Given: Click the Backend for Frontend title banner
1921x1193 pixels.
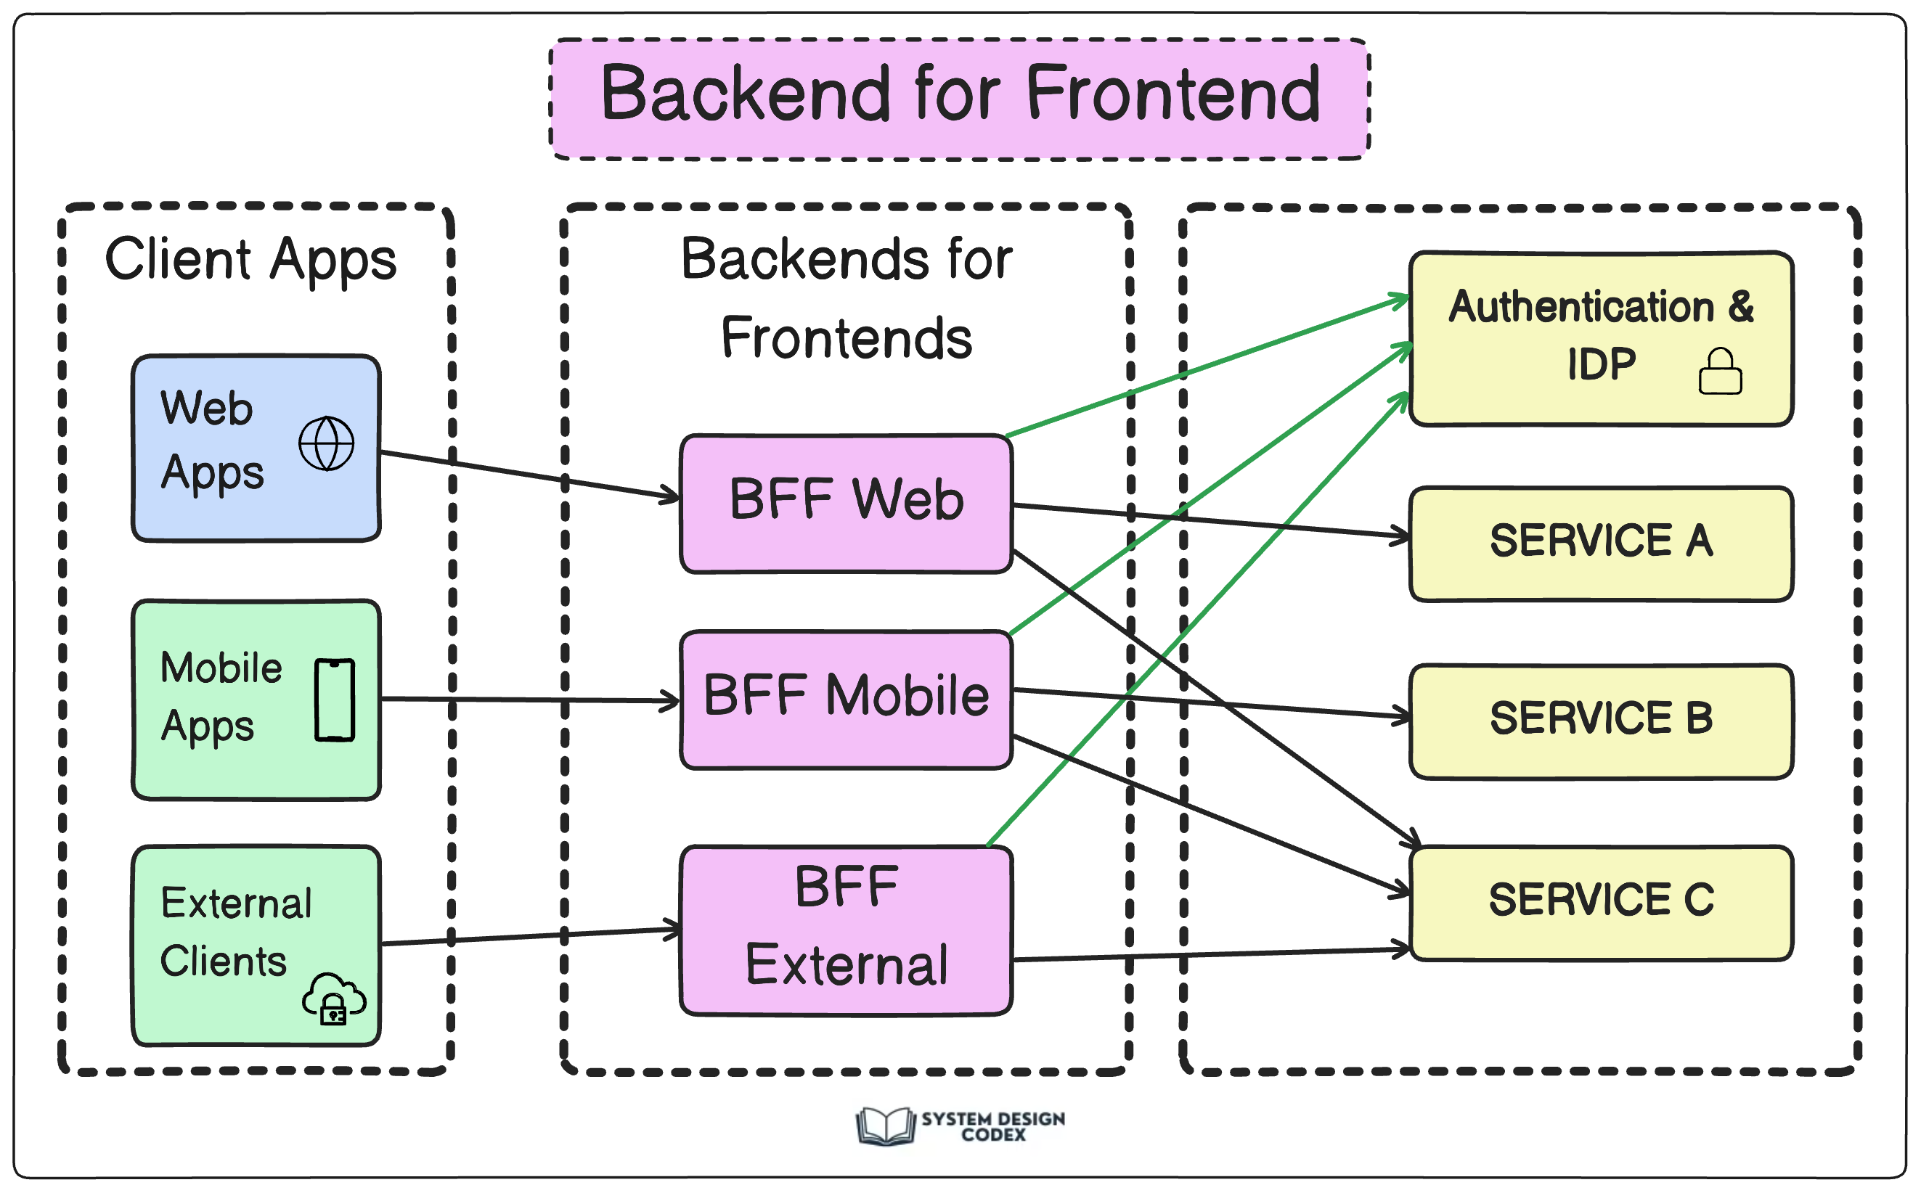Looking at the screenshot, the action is coord(959,99).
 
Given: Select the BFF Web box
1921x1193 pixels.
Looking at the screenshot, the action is coord(846,504).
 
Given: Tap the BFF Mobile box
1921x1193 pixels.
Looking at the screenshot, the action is coord(846,699).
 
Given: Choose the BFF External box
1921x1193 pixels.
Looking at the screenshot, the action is coord(846,930).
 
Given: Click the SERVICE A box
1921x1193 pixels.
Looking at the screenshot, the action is coord(1602,544).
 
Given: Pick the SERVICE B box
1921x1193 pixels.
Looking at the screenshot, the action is coord(1602,721).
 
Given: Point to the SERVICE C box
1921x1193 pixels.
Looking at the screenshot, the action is coord(1602,903).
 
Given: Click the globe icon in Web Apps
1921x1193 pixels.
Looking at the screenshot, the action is coord(326,443).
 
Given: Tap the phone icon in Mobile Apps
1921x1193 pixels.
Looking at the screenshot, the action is coord(335,700).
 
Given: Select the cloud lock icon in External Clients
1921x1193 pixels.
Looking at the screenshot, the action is coord(334,998).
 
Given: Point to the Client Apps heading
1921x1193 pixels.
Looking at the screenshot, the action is coord(251,260).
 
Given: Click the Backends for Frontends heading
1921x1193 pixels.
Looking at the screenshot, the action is coord(846,298).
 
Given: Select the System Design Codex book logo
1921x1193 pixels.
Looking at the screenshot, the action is coord(886,1125).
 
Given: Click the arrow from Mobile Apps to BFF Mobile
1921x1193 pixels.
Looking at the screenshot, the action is coord(529,700).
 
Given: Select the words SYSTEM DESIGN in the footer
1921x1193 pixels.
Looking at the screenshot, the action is coord(993,1118).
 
